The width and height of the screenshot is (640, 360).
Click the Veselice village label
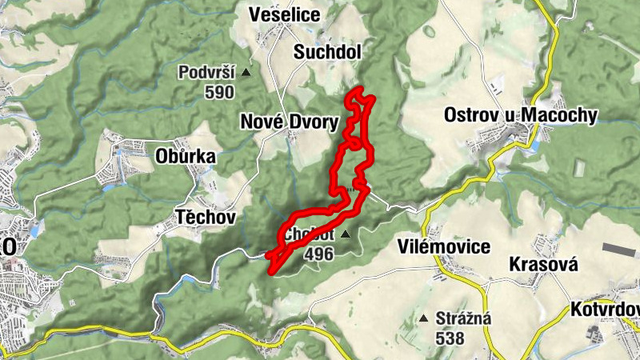pos(285,14)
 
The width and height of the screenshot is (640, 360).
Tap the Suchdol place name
pos(328,52)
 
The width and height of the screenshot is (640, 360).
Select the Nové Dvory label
pos(289,121)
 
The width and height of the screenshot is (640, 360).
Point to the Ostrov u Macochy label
pos(520,115)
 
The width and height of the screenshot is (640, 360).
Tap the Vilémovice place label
pos(443,247)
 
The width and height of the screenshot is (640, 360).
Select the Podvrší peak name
pos(207,73)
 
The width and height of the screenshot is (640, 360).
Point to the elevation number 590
pos(218,92)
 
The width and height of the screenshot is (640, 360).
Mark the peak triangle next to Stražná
pos(423,318)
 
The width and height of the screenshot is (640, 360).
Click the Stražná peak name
pos(463,318)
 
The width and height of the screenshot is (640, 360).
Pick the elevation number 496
pos(319,254)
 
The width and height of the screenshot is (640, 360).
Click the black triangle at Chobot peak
pos(345,234)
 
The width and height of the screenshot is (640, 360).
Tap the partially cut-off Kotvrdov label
pos(605,309)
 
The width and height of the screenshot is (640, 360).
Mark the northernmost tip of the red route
pos(358,90)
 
